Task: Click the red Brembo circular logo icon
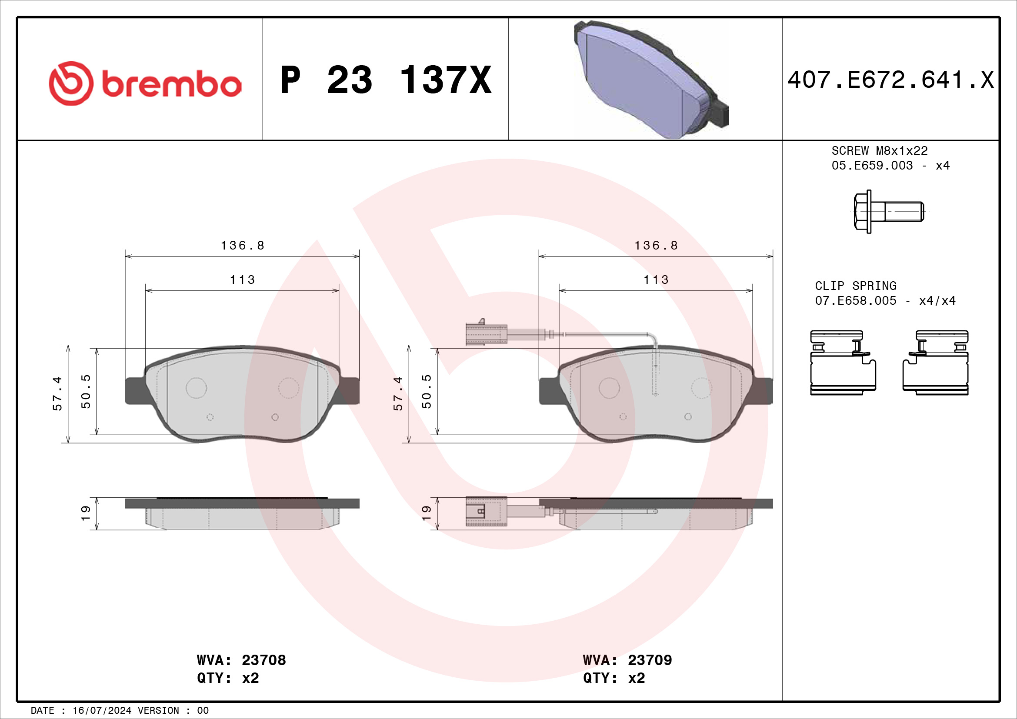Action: coord(71,83)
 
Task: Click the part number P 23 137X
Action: coord(386,80)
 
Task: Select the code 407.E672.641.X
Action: coord(891,80)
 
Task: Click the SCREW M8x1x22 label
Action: coord(879,151)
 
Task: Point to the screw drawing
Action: coord(888,212)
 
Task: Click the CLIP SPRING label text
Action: coord(855,286)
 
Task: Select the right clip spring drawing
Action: coord(936,363)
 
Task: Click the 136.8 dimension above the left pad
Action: coord(242,245)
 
